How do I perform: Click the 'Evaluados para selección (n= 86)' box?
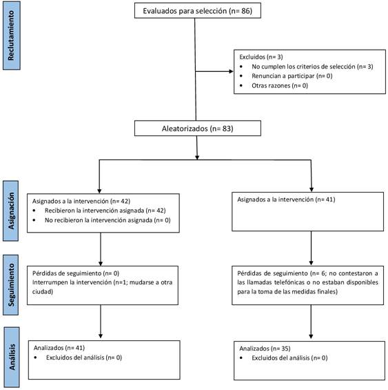198,10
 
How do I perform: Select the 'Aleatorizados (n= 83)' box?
198,128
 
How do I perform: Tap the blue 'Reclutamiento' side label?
12,35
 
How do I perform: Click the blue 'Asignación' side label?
10,211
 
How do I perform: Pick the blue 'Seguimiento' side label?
10,285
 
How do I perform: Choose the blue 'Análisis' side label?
12,357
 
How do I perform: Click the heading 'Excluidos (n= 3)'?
261,57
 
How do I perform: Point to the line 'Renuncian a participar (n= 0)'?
292,76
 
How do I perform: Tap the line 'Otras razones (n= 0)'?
280,86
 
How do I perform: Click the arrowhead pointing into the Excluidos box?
232,71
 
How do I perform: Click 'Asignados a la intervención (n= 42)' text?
81,201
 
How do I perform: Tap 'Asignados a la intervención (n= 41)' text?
286,199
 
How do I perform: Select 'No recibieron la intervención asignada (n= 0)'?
108,220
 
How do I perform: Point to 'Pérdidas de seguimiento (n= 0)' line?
76,273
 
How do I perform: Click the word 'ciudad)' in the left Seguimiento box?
43,291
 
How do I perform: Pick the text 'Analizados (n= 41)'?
59,348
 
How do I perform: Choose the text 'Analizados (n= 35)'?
265,349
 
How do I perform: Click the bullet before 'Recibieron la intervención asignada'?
34,211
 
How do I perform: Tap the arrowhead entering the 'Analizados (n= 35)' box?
311,336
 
